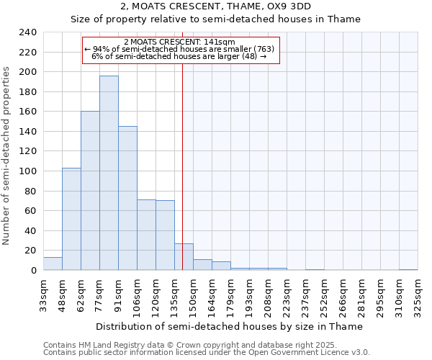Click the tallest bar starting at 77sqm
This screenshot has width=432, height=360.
tap(109, 173)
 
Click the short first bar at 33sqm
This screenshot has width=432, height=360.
tap(53, 264)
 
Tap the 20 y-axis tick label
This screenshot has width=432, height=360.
tap(30, 251)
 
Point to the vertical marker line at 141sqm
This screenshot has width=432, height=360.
tap(183, 144)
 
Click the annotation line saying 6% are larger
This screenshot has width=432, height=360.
tap(180, 56)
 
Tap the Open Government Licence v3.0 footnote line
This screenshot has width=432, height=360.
tap(207, 352)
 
